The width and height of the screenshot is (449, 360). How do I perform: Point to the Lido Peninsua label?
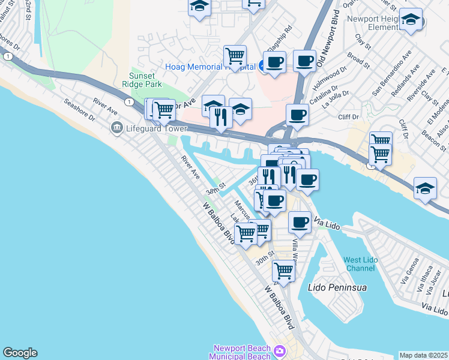(337, 287)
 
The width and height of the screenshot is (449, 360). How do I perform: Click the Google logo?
(20, 353)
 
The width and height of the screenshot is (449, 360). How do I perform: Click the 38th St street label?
(214, 189)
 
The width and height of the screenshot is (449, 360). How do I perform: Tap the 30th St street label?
(264, 259)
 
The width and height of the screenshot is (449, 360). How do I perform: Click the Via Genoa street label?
(408, 271)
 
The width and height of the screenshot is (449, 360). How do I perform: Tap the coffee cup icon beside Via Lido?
(300, 222)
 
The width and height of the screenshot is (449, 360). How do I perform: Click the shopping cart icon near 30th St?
(283, 271)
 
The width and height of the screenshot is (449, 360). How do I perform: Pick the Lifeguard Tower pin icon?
(116, 127)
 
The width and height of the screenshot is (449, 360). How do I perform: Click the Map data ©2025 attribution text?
(424, 355)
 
